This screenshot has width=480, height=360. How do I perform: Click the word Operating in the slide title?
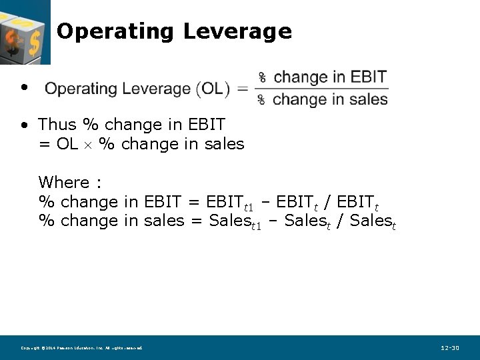tap(115, 31)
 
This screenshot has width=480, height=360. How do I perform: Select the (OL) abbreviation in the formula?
tap(213, 89)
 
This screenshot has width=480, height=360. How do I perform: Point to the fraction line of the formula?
tap(323, 88)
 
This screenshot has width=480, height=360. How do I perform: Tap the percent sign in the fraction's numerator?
tap(262, 77)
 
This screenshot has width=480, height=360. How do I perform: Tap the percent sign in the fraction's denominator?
tap(262, 100)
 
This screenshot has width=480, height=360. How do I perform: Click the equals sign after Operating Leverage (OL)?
tap(242, 89)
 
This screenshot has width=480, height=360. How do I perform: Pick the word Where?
tap(64, 183)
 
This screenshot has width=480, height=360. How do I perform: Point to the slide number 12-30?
tap(450, 348)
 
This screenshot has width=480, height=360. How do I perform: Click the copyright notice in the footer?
tap(81, 348)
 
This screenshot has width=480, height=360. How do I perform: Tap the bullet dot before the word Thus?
tap(24, 125)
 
